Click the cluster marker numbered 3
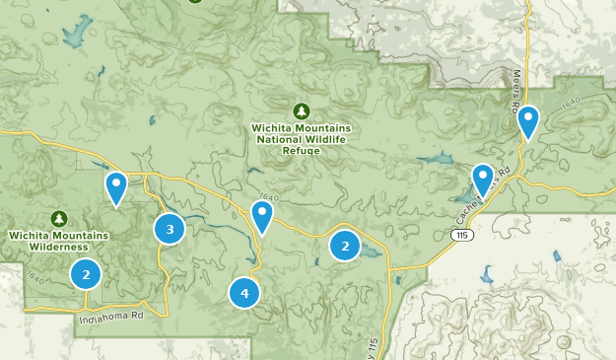click(170, 229)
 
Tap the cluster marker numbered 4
click(243, 292)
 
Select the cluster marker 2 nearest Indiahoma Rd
click(86, 274)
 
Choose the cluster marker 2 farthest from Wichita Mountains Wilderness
click(345, 245)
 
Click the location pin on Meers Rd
click(528, 123)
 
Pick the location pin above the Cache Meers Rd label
click(482, 180)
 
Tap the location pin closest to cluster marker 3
click(116, 188)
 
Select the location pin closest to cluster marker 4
click(261, 217)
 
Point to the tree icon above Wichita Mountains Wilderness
click(59, 218)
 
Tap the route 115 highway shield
click(461, 236)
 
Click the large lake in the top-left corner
click(73, 34)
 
